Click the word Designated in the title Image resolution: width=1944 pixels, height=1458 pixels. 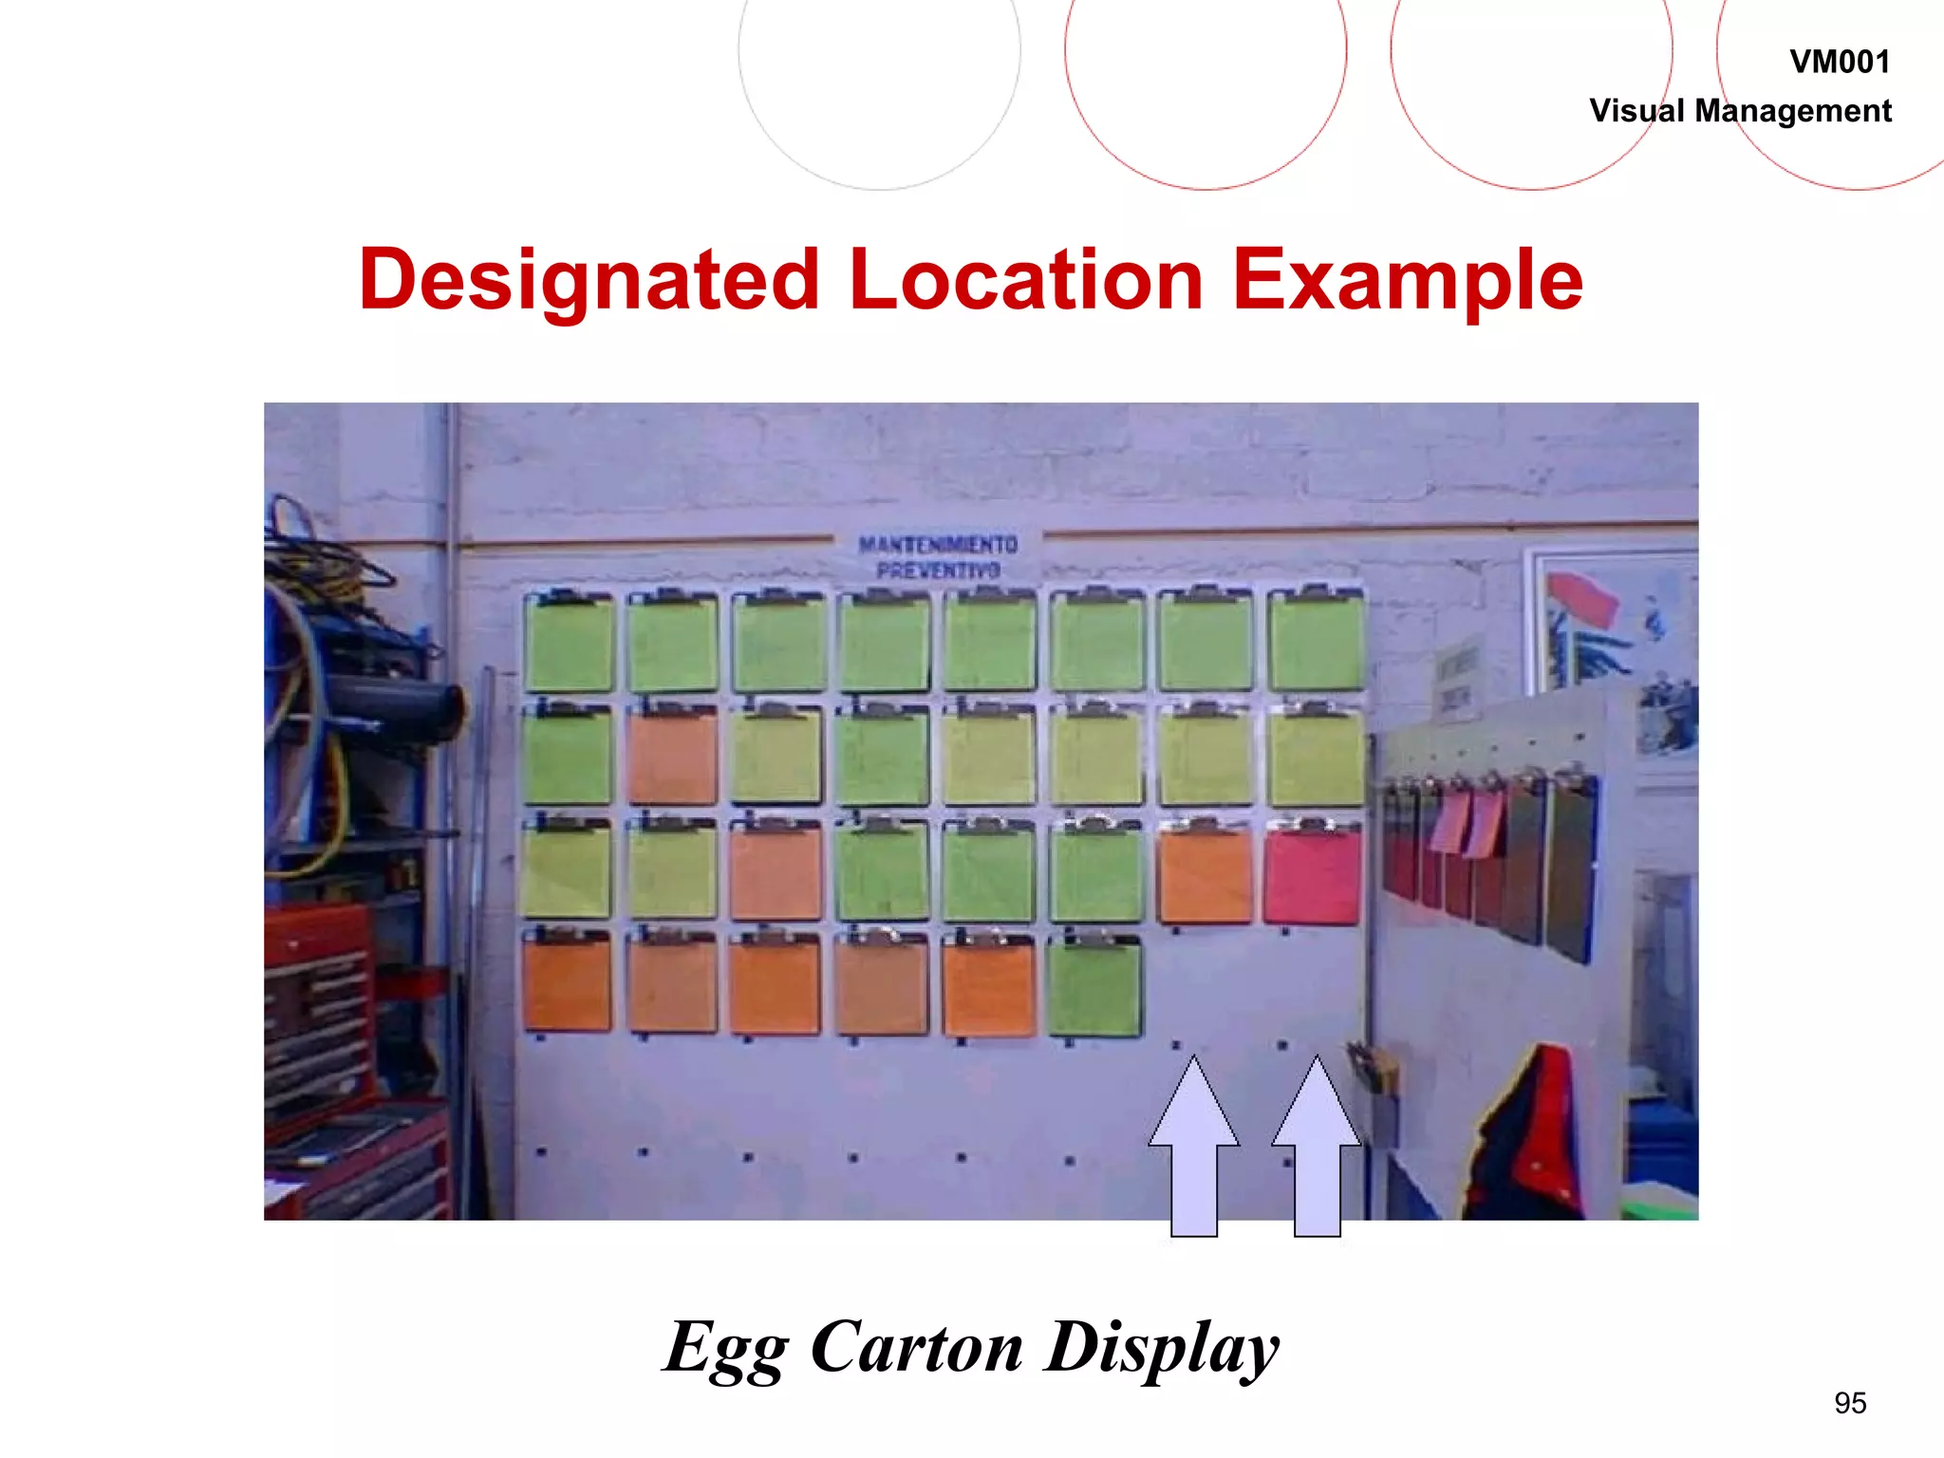[589, 280]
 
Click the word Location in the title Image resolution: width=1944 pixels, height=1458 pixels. [1026, 280]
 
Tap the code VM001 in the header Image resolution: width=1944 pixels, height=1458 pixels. [1840, 63]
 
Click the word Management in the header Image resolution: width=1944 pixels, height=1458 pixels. [1793, 111]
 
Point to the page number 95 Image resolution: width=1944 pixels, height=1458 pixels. [1850, 1403]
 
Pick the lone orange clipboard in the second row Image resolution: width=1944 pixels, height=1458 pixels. [673, 756]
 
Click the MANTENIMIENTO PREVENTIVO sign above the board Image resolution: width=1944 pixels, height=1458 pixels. [938, 557]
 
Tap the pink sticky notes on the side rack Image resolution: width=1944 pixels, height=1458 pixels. [1467, 822]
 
